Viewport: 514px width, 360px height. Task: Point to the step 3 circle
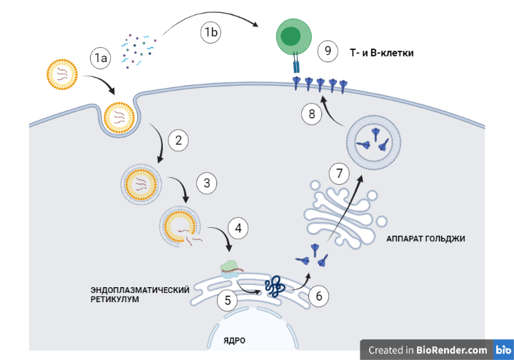tap(206, 184)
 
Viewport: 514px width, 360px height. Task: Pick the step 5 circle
tap(227, 300)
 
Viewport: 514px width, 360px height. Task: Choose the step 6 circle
tap(318, 294)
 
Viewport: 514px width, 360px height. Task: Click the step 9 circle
tap(328, 51)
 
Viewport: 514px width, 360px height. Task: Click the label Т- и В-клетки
tap(382, 52)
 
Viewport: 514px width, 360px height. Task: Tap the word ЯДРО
tap(234, 340)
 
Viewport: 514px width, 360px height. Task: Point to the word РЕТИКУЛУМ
tap(115, 299)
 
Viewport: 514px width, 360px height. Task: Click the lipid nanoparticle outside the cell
tap(62, 73)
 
